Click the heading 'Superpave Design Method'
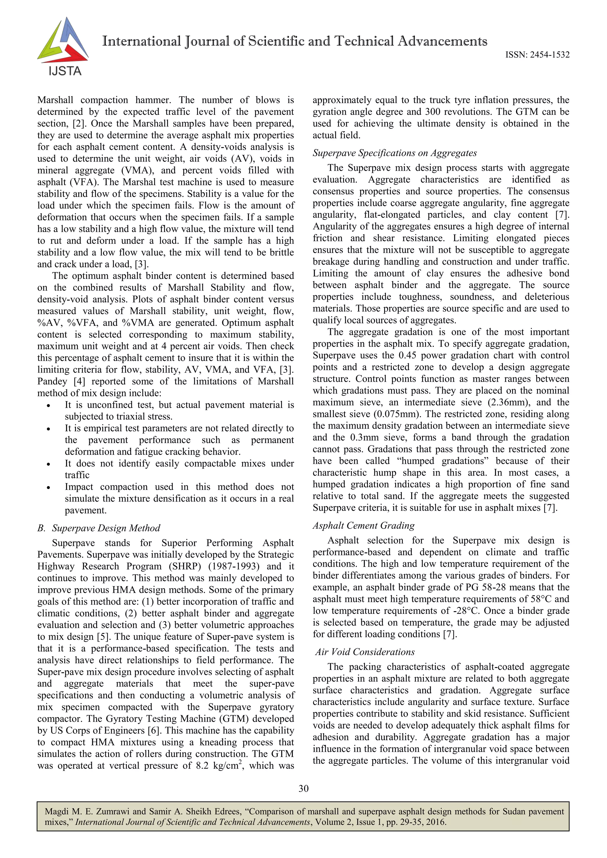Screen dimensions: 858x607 pyautogui.click(x=106, y=528)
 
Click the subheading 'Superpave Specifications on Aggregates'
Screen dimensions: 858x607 pyautogui.click(x=395, y=153)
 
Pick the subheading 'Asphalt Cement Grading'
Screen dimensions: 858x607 pyautogui.click(x=364, y=525)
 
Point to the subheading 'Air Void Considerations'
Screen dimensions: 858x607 pyautogui.click(x=365, y=652)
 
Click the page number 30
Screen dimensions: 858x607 pyautogui.click(x=303, y=788)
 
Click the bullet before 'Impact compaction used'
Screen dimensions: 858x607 pyautogui.click(x=49, y=487)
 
